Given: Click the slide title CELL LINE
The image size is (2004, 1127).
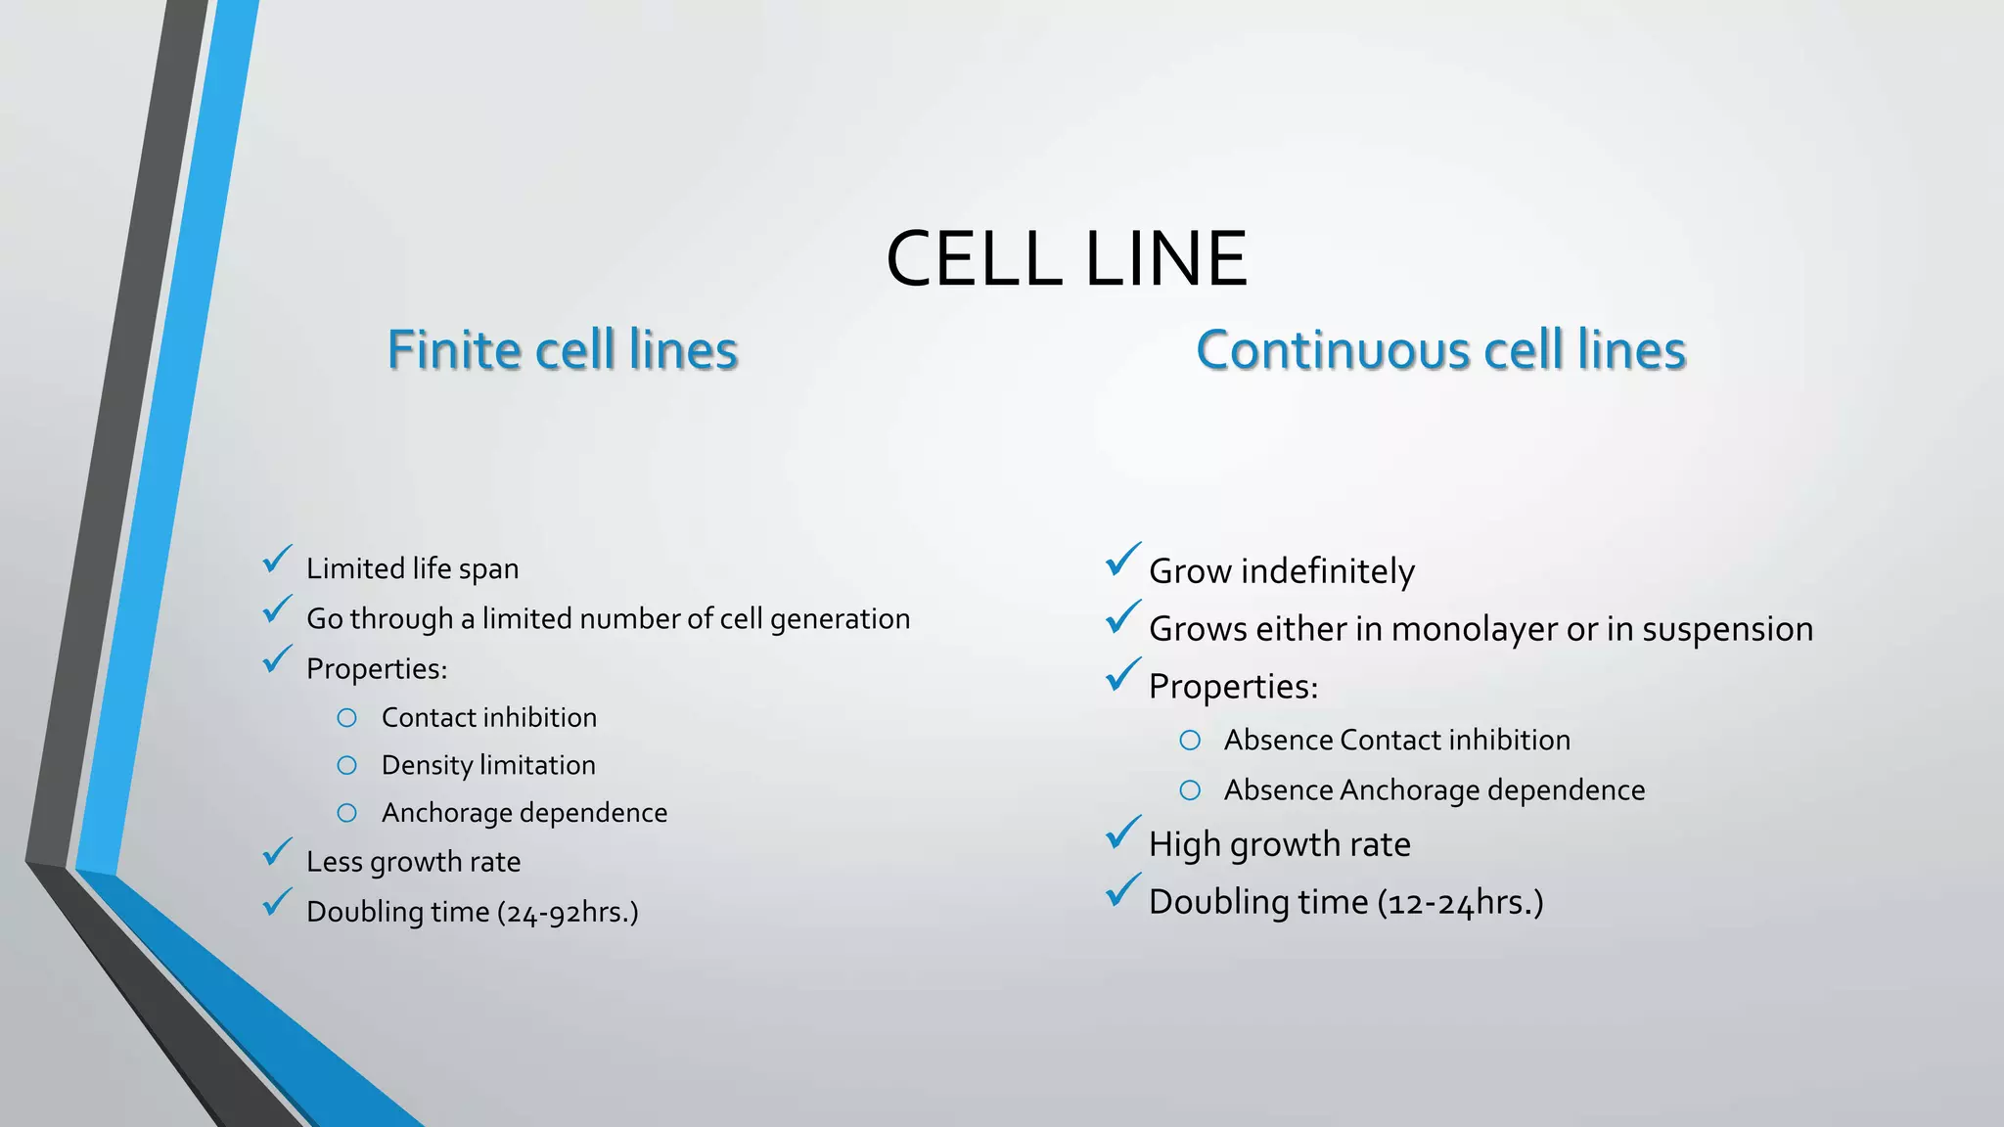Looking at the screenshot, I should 1066,258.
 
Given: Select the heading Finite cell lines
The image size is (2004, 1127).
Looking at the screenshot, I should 562,350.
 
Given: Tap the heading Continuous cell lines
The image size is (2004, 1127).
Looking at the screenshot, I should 1440,350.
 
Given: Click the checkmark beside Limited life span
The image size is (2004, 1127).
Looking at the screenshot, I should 278,561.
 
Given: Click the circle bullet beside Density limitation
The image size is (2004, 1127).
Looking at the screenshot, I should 346,765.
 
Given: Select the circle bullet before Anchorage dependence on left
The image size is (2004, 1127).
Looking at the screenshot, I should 346,813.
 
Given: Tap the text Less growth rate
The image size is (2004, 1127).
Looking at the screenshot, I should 413,862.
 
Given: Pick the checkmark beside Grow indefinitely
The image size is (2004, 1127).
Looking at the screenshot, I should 1123,561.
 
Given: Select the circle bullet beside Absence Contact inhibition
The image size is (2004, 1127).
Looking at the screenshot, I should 1190,741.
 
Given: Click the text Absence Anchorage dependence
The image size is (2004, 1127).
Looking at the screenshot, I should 1434,790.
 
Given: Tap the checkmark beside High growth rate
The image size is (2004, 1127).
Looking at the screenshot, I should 1123,834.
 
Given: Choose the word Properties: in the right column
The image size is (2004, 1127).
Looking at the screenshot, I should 1233,687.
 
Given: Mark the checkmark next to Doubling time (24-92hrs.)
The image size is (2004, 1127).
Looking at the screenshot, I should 278,902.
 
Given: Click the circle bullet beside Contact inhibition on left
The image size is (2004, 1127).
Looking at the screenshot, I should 346,718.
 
